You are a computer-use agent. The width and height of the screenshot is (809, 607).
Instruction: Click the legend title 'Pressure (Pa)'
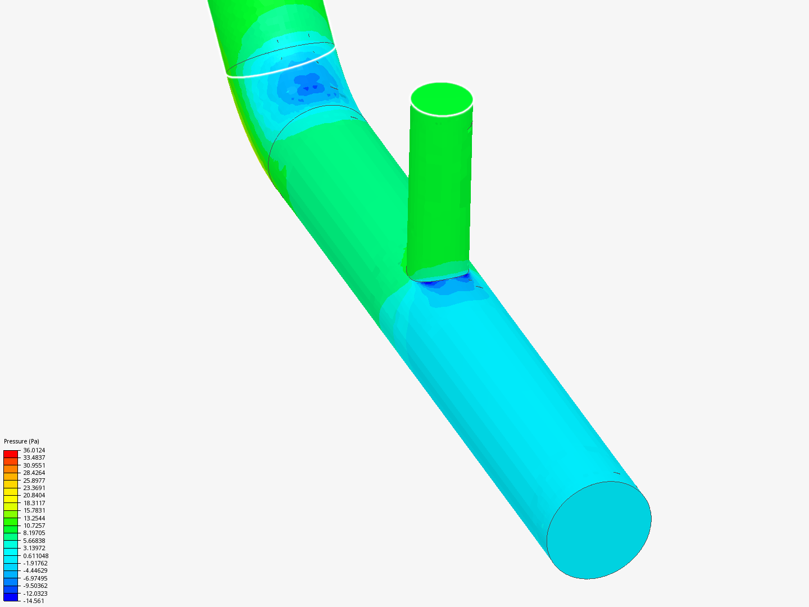tap(21, 441)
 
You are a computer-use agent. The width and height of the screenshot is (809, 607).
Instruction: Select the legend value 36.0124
tap(34, 450)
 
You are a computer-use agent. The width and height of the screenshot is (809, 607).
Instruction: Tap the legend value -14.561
tap(34, 601)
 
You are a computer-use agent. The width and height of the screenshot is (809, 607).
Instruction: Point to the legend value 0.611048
tap(35, 556)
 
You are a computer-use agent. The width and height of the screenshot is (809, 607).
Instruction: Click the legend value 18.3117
tap(34, 503)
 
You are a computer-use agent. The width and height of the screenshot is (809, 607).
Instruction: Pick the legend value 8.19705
tap(34, 533)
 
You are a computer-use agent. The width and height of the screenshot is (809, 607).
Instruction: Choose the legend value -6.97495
tap(35, 578)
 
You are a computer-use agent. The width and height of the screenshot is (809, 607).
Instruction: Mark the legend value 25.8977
tap(34, 481)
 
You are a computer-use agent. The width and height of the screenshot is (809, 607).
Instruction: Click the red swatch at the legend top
tap(11, 454)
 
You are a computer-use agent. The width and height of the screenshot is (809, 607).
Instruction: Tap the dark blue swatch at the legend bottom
tap(11, 597)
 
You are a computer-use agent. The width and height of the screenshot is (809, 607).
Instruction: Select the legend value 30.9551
tap(34, 465)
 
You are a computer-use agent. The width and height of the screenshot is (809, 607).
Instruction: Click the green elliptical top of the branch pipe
tap(442, 99)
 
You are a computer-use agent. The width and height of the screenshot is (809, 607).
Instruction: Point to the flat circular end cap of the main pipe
tap(599, 530)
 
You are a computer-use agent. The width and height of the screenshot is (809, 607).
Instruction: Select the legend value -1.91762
tap(35, 563)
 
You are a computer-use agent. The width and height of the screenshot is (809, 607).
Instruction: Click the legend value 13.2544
tap(34, 518)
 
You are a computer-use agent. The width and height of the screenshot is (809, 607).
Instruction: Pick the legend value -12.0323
tap(35, 594)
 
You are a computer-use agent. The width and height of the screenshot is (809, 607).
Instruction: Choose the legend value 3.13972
tap(34, 548)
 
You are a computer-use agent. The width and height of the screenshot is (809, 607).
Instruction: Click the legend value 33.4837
tap(34, 457)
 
